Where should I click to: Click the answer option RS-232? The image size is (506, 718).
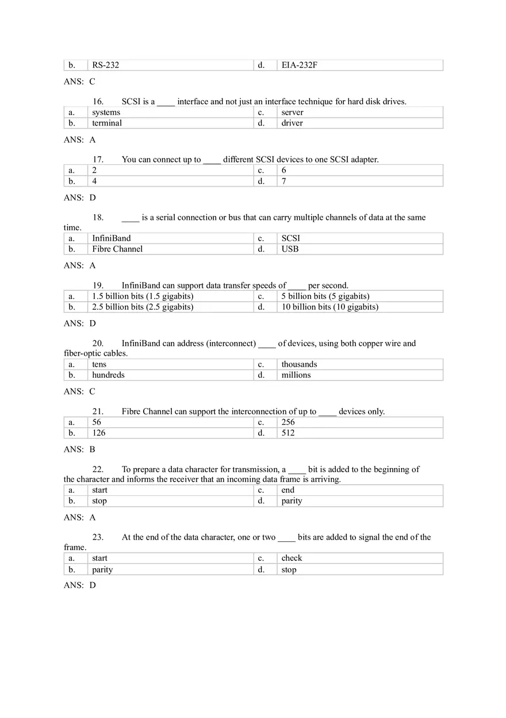[x=105, y=65]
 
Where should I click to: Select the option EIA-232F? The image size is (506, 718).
[x=299, y=65]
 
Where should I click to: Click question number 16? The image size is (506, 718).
[x=98, y=102]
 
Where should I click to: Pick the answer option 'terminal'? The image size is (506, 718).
[x=107, y=123]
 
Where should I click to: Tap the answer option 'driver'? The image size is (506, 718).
[x=292, y=123]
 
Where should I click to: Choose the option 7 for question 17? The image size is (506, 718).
[x=284, y=181]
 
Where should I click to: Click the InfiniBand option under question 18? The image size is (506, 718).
[x=111, y=238]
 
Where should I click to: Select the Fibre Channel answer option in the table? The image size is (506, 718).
[x=117, y=249]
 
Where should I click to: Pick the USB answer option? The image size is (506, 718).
[x=290, y=249]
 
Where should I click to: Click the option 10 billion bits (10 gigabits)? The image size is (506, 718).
[x=329, y=307]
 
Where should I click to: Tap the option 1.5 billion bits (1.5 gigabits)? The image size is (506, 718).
[x=143, y=297]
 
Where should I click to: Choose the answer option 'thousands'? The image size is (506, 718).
[x=299, y=364]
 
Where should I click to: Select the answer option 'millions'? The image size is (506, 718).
[x=296, y=375]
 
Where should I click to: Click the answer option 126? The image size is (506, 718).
[x=99, y=433]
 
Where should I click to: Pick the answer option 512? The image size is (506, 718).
[x=288, y=433]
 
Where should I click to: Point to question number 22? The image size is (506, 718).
[x=98, y=470]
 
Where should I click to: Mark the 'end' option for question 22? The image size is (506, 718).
[x=287, y=491]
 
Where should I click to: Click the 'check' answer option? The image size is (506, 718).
[x=292, y=559]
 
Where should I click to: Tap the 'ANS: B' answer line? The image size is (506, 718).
[x=79, y=450]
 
